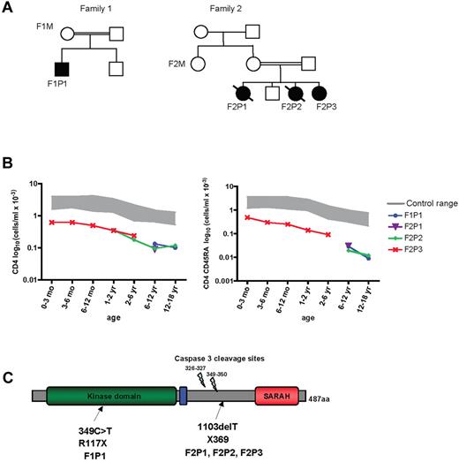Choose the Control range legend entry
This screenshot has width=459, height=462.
click(418, 202)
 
